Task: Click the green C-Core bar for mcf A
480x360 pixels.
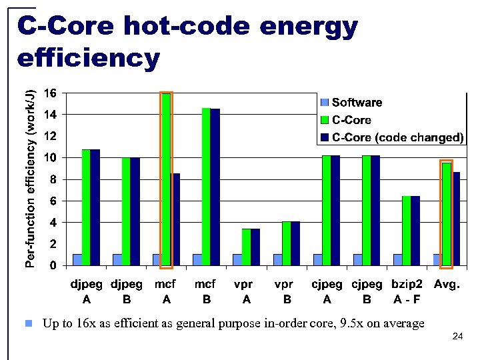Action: click(166, 180)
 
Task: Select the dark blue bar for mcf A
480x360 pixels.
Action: click(175, 219)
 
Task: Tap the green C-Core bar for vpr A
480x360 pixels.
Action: click(246, 247)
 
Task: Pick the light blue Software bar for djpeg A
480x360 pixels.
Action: click(77, 259)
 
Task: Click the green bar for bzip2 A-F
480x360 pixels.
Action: click(406, 231)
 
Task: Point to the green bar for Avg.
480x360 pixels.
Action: click(446, 214)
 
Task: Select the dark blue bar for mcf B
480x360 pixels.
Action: click(215, 187)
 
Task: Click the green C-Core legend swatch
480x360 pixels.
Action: click(325, 121)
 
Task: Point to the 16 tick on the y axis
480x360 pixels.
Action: click(50, 93)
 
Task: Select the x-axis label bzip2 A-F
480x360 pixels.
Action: click(406, 291)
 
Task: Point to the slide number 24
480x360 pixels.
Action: click(457, 337)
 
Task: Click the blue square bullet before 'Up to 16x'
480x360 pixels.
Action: click(28, 324)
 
